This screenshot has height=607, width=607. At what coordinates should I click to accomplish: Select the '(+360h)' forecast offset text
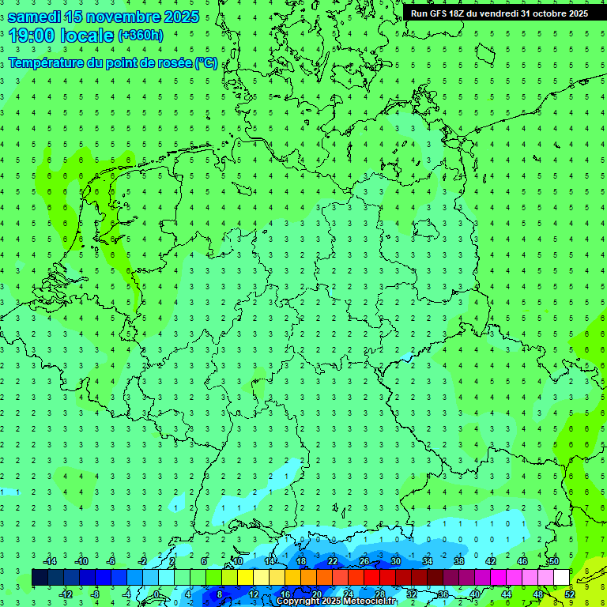(x=140, y=36)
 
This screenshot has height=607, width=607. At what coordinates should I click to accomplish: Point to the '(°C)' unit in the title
(x=205, y=63)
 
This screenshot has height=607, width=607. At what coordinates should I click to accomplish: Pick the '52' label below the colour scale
(x=570, y=594)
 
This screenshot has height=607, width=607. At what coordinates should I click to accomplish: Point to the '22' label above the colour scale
(x=333, y=561)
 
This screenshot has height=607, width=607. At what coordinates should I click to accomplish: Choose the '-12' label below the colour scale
(x=66, y=594)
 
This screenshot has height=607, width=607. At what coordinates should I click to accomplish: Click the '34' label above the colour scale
(x=428, y=561)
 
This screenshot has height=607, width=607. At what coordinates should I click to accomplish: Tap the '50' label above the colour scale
(x=554, y=561)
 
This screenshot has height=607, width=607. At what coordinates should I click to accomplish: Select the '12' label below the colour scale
(x=254, y=594)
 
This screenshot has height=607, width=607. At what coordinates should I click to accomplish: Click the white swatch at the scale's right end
(x=562, y=578)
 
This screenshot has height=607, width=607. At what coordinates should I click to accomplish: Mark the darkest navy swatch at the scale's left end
(x=40, y=578)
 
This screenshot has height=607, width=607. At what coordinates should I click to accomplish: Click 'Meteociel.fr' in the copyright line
(x=369, y=601)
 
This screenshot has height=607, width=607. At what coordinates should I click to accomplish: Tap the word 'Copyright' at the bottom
(x=298, y=601)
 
